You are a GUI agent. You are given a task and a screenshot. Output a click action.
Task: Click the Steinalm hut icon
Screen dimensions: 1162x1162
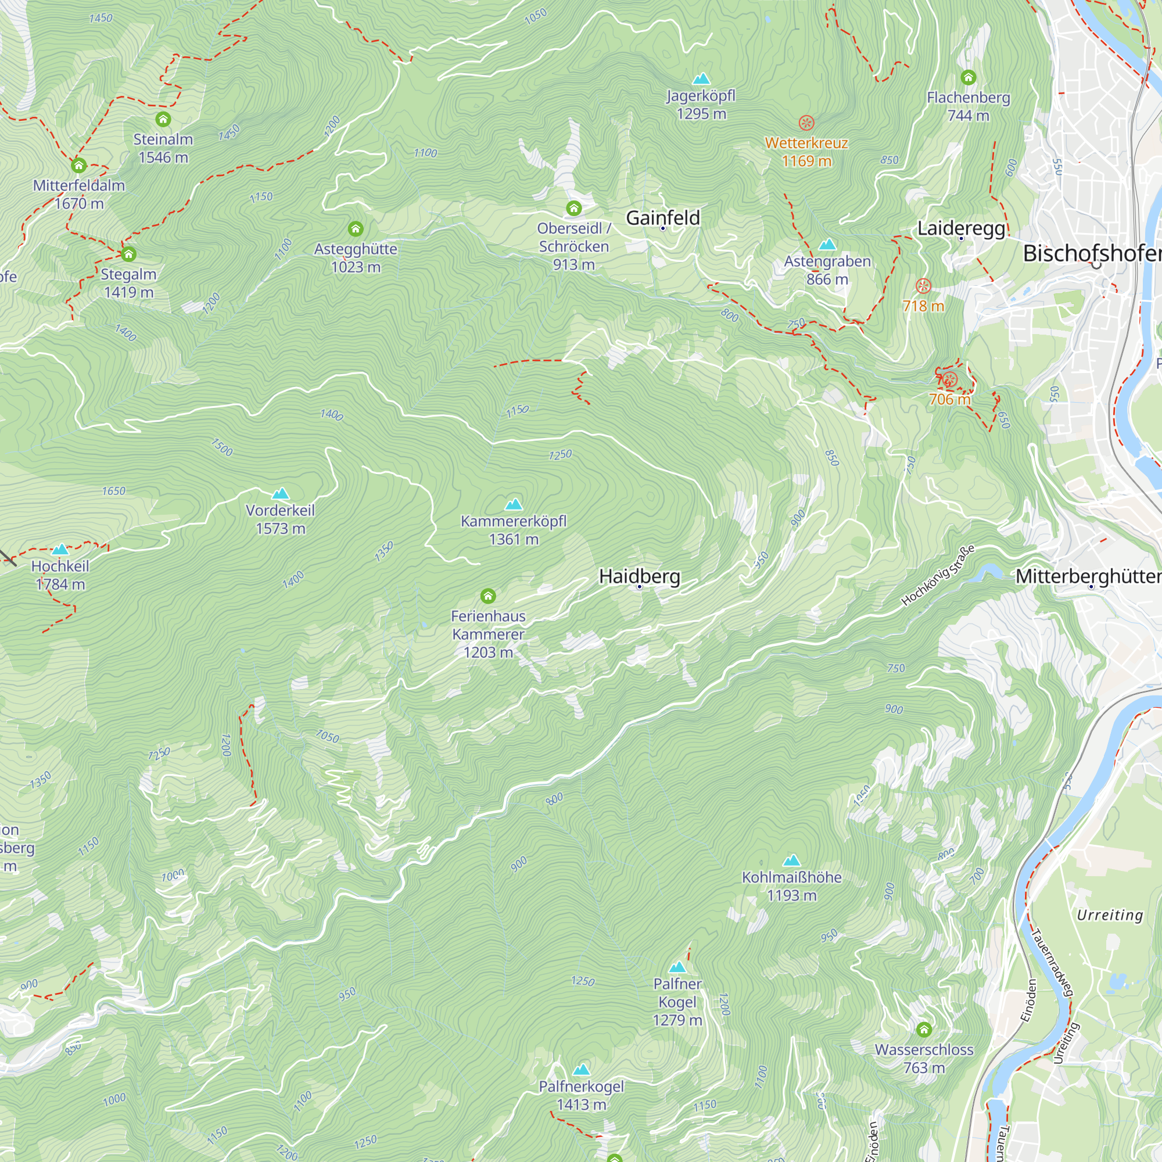[x=163, y=119]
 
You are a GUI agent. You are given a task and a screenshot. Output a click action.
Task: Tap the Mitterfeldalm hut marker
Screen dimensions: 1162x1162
[x=79, y=166]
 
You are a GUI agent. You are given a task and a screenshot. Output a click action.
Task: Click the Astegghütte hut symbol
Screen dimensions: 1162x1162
[x=356, y=228]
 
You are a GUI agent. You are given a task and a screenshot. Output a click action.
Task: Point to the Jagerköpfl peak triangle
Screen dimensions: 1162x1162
[x=701, y=79]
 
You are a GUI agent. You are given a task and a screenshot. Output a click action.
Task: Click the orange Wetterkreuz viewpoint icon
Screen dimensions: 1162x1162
[x=806, y=123]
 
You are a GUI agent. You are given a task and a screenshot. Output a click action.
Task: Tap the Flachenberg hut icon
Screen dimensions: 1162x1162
[x=968, y=78]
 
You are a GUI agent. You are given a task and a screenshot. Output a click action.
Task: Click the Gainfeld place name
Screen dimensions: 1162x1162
[x=663, y=218]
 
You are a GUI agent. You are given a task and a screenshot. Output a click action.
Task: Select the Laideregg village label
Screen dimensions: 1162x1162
[x=960, y=228]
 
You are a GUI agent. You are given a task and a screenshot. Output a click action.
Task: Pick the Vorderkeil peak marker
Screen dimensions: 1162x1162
[x=280, y=494]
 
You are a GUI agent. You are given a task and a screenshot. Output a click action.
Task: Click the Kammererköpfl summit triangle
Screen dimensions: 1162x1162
[x=513, y=504]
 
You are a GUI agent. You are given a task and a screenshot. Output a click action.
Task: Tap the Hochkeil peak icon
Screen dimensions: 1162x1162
[x=60, y=549]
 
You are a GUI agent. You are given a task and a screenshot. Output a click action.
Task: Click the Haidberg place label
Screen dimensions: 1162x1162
[x=639, y=576]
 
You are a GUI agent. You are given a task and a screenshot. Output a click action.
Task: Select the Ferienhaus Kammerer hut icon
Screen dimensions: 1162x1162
[x=488, y=596]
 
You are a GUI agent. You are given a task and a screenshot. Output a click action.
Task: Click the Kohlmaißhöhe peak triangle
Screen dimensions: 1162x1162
[x=791, y=860]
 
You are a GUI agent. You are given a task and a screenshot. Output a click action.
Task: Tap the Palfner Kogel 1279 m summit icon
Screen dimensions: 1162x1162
[x=677, y=967]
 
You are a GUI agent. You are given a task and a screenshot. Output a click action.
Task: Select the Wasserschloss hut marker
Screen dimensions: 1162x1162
[x=924, y=1030]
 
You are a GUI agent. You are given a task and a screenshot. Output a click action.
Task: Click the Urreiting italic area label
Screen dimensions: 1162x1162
[x=1109, y=915]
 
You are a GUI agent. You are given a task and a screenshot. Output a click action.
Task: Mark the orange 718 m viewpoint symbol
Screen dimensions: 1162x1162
[x=923, y=286]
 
